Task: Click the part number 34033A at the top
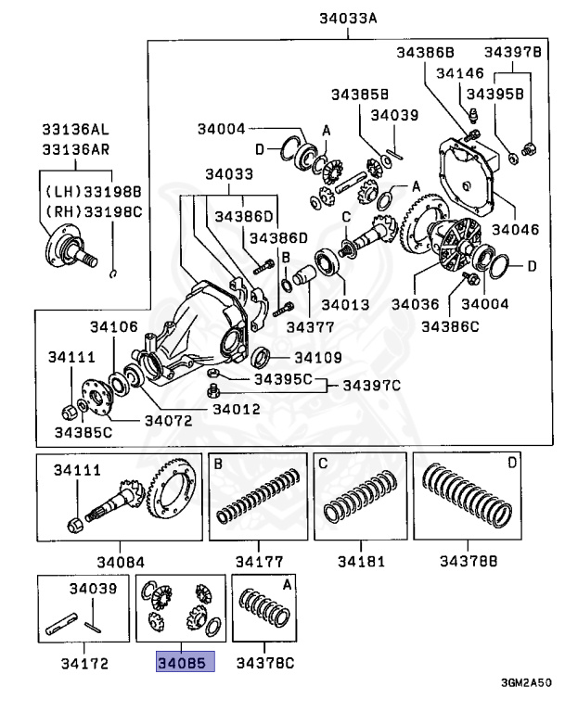click(x=348, y=15)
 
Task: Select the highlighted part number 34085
click(x=184, y=663)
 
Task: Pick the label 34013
click(x=344, y=303)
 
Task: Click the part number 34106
click(x=114, y=326)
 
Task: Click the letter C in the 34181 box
click(x=324, y=464)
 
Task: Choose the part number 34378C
click(x=264, y=663)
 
